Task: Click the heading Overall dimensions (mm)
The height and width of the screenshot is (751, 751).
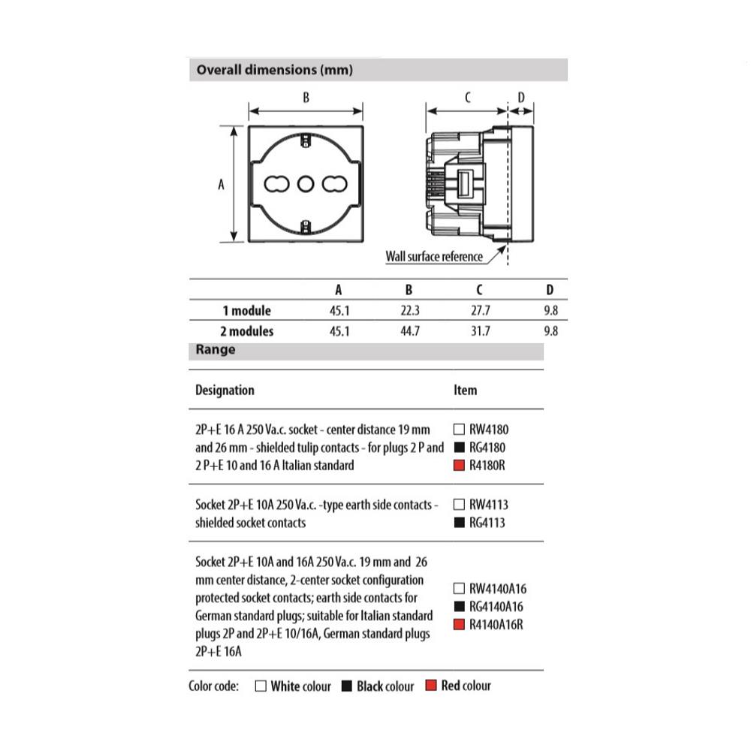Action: click(274, 71)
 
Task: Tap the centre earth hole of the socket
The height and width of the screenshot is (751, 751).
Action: click(305, 184)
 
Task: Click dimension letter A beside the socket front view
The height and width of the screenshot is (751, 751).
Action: click(221, 184)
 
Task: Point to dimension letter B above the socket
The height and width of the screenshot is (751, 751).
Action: click(306, 98)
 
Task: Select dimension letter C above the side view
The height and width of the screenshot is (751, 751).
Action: click(467, 98)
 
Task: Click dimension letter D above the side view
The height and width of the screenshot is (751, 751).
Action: click(521, 98)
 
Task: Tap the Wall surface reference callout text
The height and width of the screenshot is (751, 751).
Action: click(434, 256)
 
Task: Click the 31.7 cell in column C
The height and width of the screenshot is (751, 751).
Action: click(480, 330)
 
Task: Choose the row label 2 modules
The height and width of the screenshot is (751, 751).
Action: click(248, 330)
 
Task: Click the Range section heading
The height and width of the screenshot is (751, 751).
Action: click(216, 350)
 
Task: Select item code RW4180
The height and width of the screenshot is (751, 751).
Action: click(489, 430)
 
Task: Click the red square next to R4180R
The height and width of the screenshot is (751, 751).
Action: click(460, 466)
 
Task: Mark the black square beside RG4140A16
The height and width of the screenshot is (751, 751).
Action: click(460, 606)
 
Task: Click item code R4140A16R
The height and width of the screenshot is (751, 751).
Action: click(496, 624)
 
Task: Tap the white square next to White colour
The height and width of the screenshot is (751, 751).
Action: click(261, 686)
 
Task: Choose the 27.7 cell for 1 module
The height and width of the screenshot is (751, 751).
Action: click(480, 310)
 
